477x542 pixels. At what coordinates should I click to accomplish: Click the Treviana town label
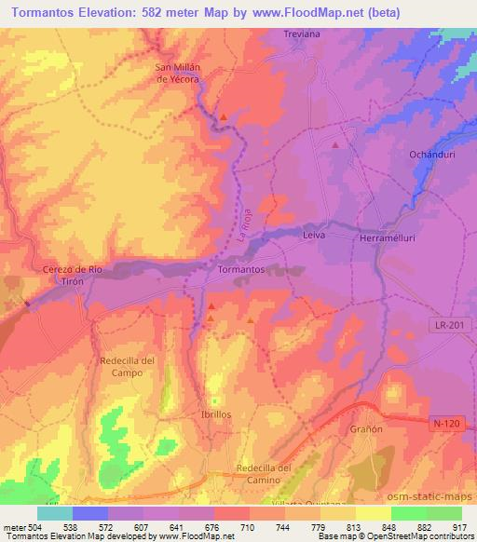(300, 34)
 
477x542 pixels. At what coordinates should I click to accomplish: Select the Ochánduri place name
(430, 155)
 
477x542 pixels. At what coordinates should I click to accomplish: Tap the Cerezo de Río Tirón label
(65, 275)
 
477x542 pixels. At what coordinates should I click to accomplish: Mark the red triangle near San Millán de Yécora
(225, 115)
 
